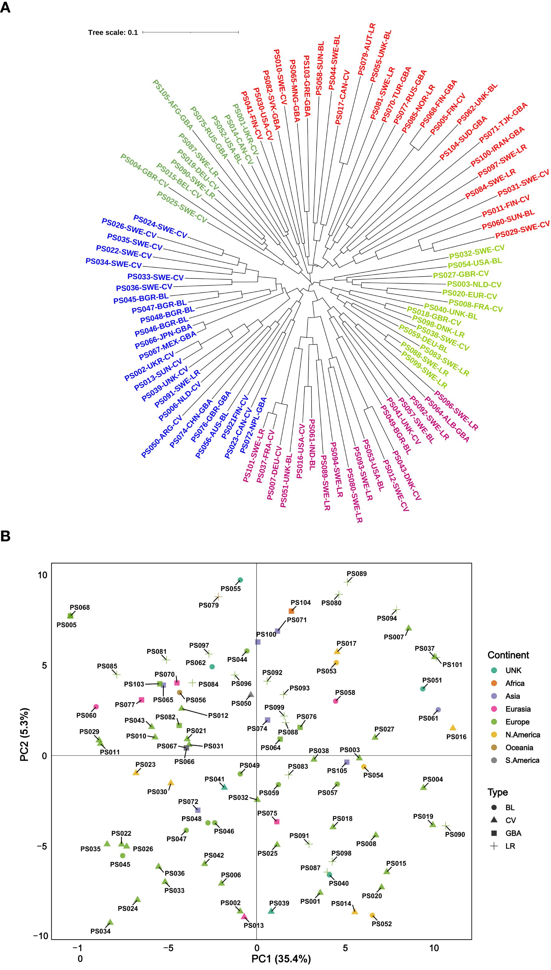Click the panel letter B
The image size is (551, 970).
pyautogui.click(x=5, y=537)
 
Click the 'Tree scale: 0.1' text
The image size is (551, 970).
pyautogui.click(x=113, y=33)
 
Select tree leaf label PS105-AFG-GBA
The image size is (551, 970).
pyautogui.click(x=173, y=105)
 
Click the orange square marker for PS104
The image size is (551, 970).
pyautogui.click(x=291, y=611)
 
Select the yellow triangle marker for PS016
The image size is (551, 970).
pyautogui.click(x=453, y=728)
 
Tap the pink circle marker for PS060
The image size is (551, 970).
pyautogui.click(x=96, y=706)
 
